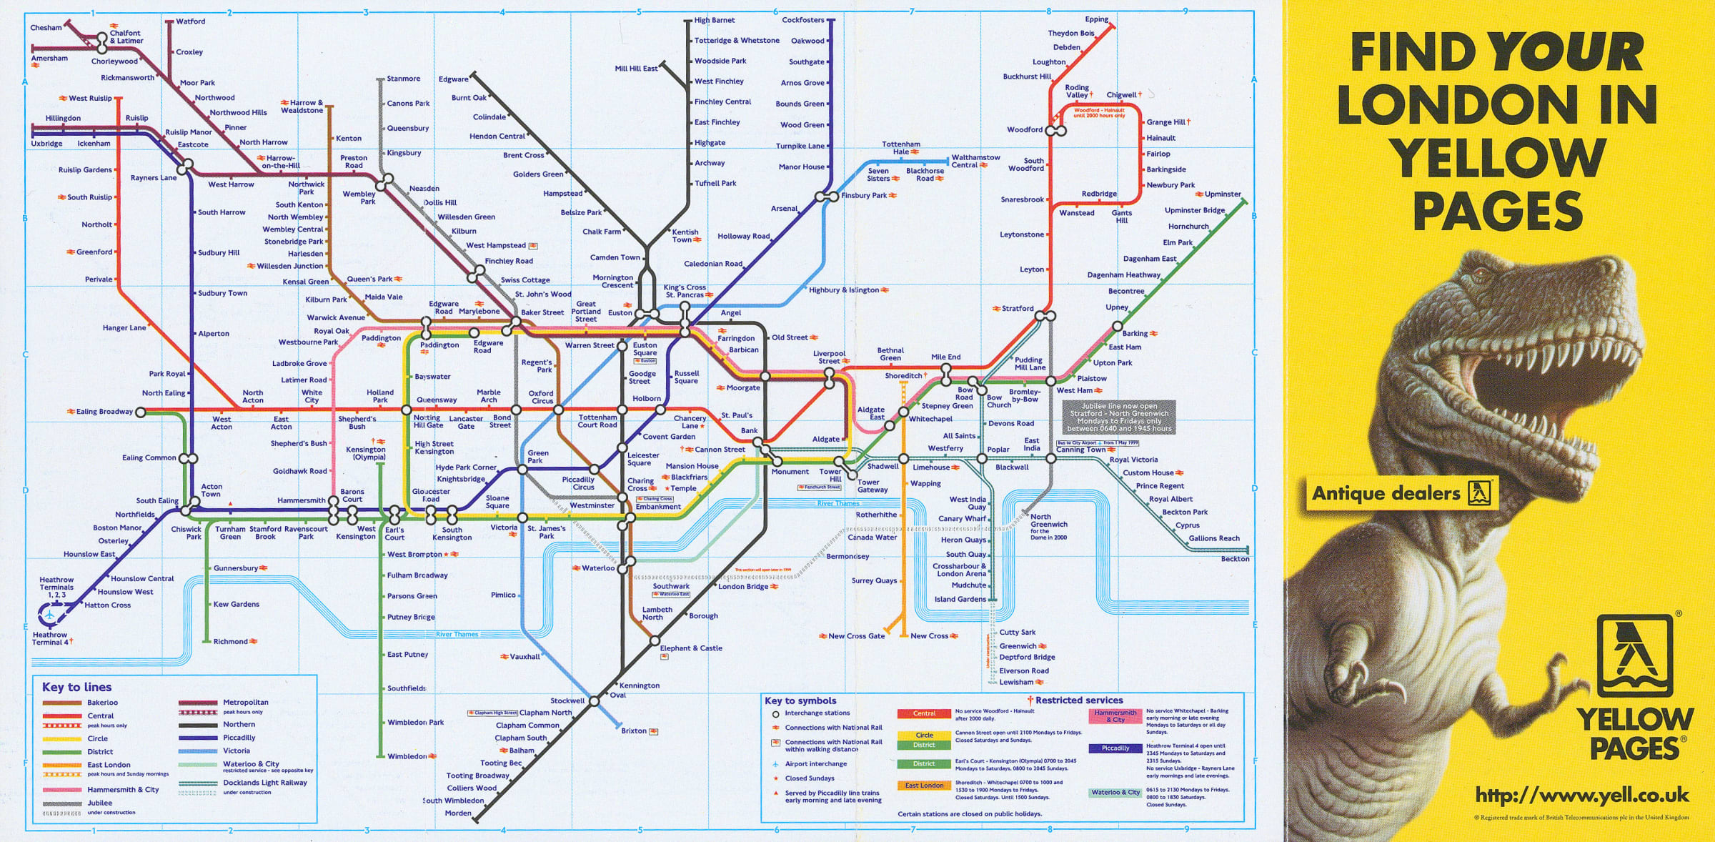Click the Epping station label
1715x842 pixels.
[1096, 19]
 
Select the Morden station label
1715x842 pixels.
[457, 813]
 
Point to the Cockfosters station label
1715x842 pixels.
[802, 20]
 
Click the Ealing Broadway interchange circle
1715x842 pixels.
[141, 412]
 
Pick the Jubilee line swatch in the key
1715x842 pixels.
[62, 803]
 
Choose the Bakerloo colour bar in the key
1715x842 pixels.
[62, 703]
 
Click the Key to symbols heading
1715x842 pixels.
[800, 700]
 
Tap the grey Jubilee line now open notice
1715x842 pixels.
[1118, 417]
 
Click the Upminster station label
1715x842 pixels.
[1222, 194]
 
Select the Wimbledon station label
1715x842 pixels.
[407, 756]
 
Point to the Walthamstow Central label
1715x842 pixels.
[975, 161]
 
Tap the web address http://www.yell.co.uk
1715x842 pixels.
[1581, 795]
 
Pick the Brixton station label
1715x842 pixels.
[633, 730]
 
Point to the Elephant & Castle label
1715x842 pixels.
[690, 648]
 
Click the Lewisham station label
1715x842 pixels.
[1015, 682]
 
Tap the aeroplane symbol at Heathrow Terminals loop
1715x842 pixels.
[49, 614]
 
